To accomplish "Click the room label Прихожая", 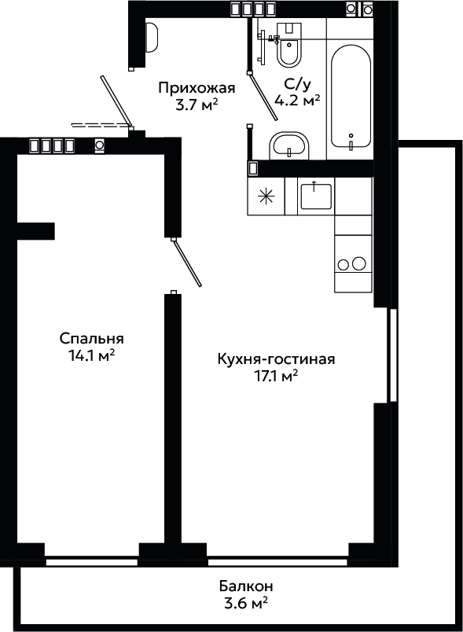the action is coord(197,88).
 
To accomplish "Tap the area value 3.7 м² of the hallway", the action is coord(197,105).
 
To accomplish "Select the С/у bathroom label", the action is coord(297,84).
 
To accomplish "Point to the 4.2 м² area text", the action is coord(297,100).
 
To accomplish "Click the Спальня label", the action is coord(92,339).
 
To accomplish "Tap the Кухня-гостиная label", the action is coord(276,358).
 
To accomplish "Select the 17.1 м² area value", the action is coord(276,376).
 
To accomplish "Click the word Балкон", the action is coord(246,585).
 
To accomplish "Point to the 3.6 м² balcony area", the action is coord(246,602).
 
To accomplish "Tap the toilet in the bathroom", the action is coord(289,45).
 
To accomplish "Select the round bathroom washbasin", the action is coord(288,145).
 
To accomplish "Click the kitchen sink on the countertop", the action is coord(316,196).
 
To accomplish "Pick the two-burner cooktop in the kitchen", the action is coord(353,264).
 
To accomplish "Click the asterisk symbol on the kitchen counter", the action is coord(266,197).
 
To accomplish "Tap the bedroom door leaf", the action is coord(186,262).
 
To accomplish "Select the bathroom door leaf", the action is coord(263,96).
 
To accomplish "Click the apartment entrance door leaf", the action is coord(117,101).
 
